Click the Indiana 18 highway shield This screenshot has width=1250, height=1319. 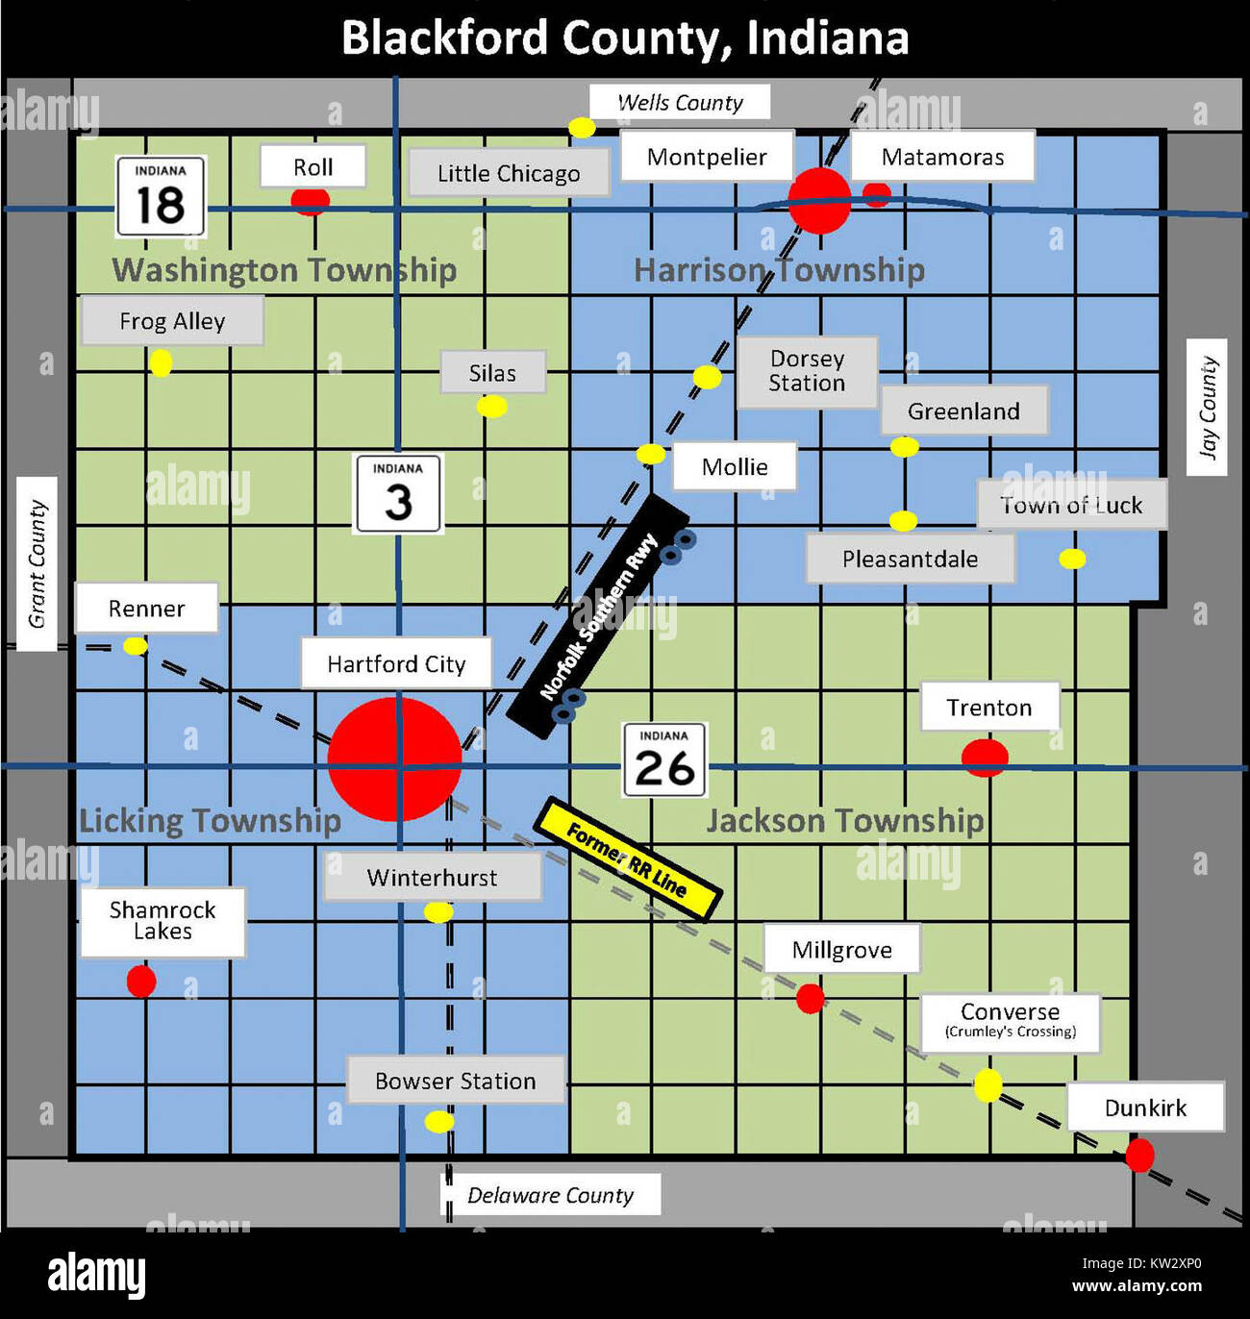click(161, 197)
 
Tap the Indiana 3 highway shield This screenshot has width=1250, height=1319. click(398, 494)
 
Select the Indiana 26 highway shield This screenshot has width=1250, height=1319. click(664, 760)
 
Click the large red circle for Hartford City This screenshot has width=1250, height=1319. click(394, 759)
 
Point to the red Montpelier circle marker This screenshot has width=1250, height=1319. click(819, 201)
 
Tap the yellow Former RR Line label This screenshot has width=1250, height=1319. click(627, 859)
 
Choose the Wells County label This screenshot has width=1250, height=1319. click(680, 102)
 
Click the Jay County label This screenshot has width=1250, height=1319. click(1207, 407)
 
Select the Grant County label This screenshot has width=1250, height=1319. click(37, 563)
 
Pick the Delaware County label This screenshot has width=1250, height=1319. click(550, 1195)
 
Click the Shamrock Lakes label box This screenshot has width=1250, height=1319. click(162, 921)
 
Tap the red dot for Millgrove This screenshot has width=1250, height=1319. click(811, 999)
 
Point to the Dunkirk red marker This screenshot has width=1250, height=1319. click(1139, 1155)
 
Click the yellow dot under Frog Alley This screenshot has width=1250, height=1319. click(161, 363)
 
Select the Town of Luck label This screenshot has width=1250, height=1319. click(1072, 505)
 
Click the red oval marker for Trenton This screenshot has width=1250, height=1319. click(985, 758)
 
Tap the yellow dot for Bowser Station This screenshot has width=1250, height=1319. click(439, 1121)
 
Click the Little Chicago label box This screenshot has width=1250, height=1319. click(509, 173)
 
